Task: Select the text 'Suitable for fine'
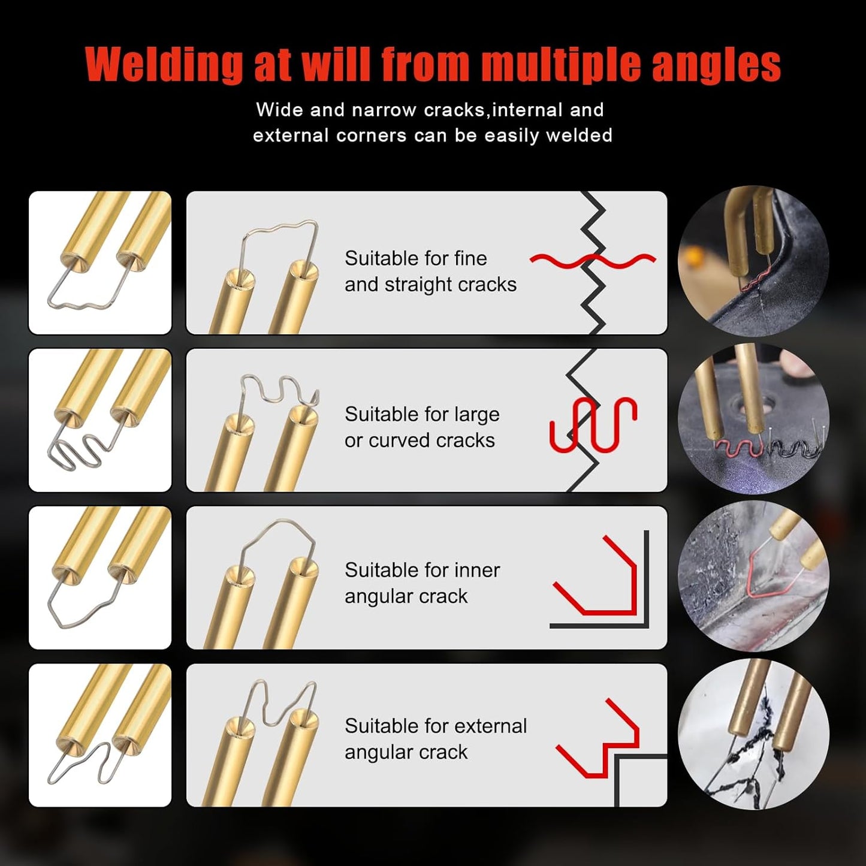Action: pyautogui.click(x=415, y=258)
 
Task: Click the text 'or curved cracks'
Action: pyautogui.click(x=420, y=440)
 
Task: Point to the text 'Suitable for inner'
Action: pyautogui.click(x=422, y=570)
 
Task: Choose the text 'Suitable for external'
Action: pyautogui.click(x=436, y=726)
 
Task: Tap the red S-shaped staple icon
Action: pyautogui.click(x=593, y=424)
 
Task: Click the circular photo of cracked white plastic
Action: pyautogui.click(x=753, y=734)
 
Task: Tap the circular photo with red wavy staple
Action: pyautogui.click(x=753, y=261)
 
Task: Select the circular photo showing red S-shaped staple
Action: pyautogui.click(x=753, y=418)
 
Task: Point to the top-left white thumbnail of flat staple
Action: pyautogui.click(x=100, y=262)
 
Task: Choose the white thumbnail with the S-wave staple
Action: pyautogui.click(x=100, y=420)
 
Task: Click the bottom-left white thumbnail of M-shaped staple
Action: pyautogui.click(x=100, y=735)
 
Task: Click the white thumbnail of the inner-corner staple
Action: pyautogui.click(x=100, y=578)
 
